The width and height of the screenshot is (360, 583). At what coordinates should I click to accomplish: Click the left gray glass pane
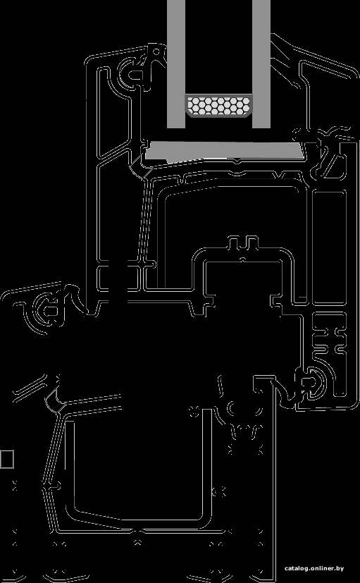coord(176,64)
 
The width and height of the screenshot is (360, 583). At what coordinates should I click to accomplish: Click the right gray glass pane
coord(261,64)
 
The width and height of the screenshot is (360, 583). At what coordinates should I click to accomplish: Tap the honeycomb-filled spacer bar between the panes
coord(218,106)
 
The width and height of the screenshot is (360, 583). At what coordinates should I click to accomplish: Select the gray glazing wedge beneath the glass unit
coord(223,151)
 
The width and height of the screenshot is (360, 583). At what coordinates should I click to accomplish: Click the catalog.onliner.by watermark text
coord(314,568)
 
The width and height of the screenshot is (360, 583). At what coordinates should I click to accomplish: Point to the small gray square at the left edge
coord(6,459)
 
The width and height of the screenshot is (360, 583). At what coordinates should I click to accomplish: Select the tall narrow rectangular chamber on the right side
coord(329,247)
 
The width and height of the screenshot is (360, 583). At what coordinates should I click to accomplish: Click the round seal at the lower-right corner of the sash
coord(311,383)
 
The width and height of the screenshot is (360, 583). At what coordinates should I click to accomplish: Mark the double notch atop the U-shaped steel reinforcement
coord(243,243)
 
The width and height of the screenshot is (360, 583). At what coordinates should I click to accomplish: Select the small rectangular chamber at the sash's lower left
coord(119,277)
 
